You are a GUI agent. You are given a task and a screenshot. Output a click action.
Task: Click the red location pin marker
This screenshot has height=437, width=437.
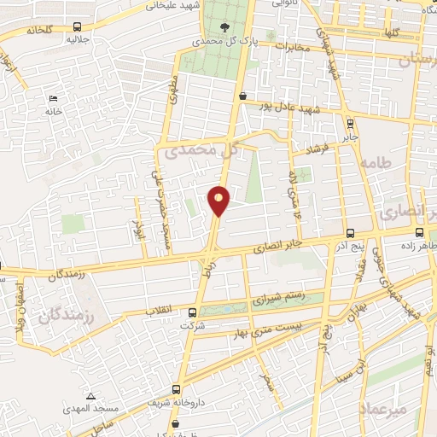218,201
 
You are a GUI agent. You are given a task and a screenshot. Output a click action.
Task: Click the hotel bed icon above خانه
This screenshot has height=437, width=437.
53,98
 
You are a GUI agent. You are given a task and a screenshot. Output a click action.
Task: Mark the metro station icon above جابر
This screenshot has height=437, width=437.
352,122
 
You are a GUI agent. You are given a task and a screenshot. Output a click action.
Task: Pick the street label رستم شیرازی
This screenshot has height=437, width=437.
277,300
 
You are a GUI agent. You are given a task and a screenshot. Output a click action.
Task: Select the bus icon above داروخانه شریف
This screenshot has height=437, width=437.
177,387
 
